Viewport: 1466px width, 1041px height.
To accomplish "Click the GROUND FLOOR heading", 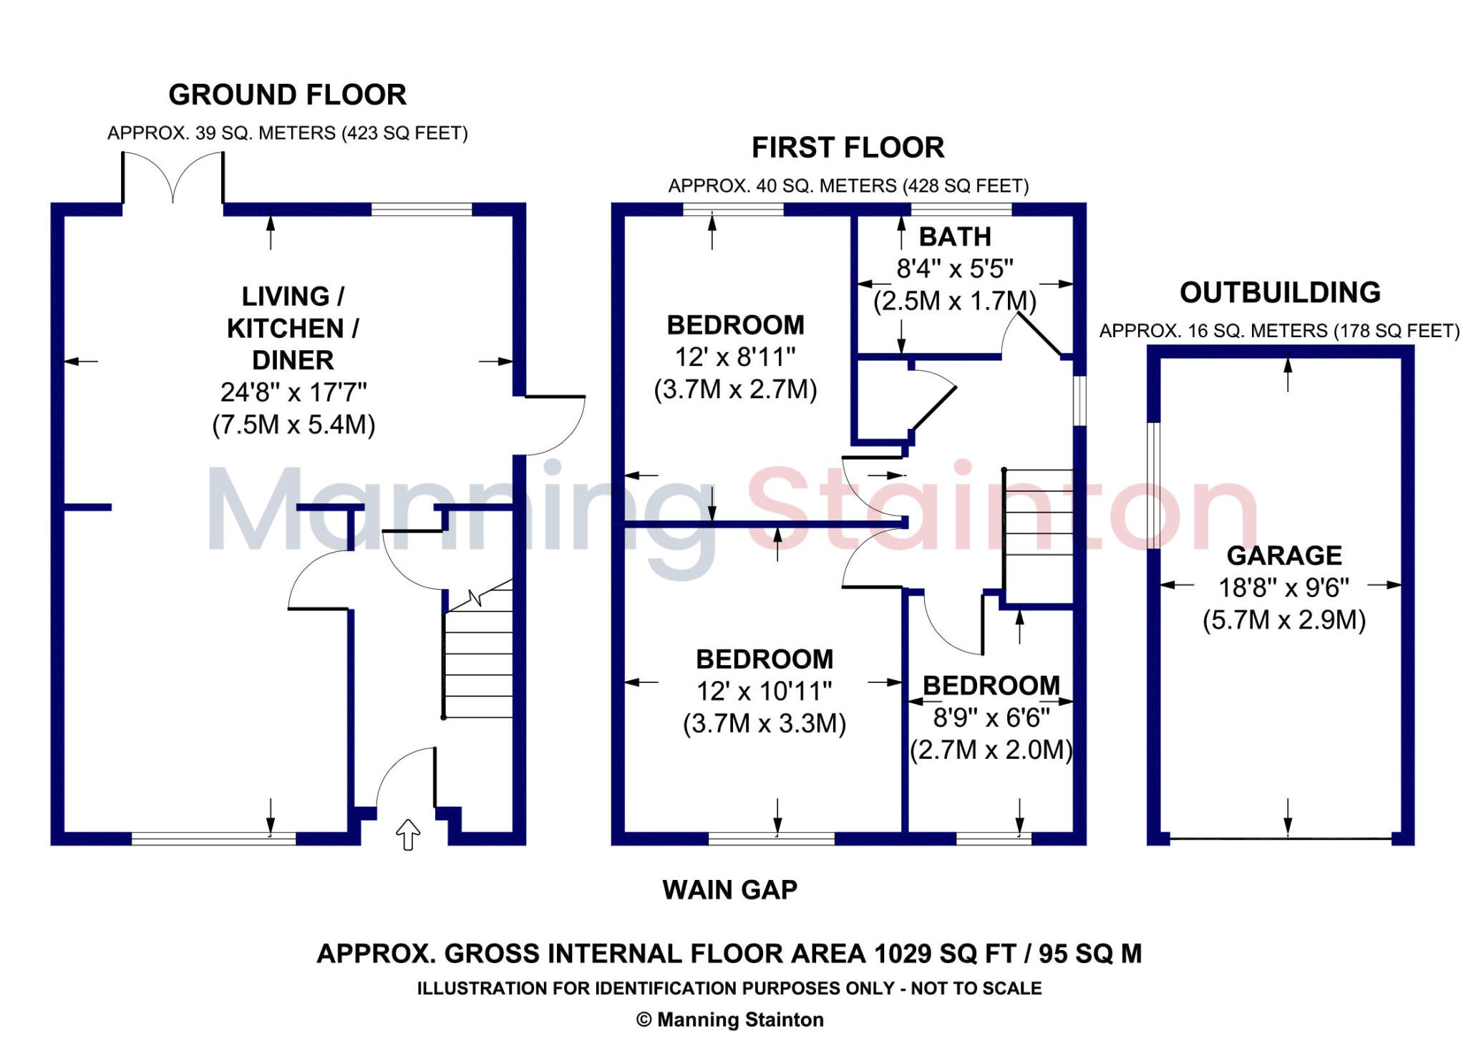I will (x=287, y=95).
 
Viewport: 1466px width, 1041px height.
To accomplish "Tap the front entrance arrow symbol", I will (x=408, y=834).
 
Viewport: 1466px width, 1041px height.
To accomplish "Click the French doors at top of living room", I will (x=173, y=179).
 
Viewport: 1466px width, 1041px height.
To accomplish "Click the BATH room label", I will (x=955, y=236).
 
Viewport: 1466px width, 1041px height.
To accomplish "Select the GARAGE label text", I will (x=1284, y=555).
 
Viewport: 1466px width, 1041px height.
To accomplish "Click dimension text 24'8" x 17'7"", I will (x=293, y=392).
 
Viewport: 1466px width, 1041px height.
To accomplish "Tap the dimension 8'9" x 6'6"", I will (x=991, y=717).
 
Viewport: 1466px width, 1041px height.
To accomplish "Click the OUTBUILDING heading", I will (x=1280, y=292).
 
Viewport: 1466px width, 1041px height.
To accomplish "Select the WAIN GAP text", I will (x=729, y=890).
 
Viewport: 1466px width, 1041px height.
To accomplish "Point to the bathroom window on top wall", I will (x=961, y=209).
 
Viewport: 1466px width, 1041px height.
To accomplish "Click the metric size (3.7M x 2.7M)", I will (x=735, y=389).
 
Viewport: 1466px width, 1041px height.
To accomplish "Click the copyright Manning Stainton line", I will (x=730, y=1020).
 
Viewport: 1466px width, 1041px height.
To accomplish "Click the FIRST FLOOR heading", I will (x=848, y=147).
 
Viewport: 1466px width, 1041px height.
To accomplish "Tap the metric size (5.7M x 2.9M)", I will (x=1284, y=620).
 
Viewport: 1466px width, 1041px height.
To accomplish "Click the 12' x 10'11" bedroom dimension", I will (x=764, y=692).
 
